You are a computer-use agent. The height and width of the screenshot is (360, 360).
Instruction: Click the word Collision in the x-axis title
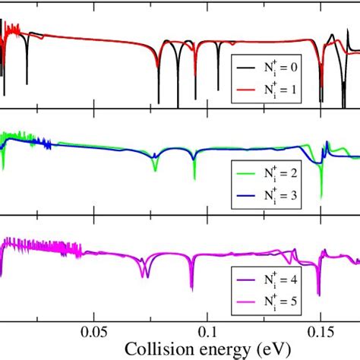point(141,349)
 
